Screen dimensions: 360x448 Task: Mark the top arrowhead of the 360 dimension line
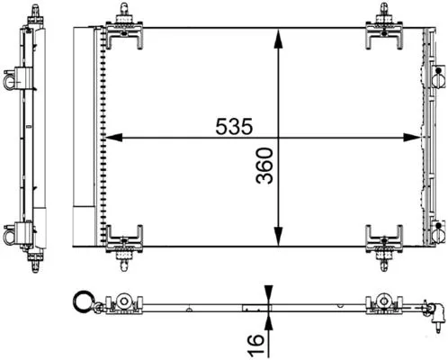pos(282,33)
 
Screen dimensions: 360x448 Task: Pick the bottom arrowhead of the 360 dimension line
pos(282,243)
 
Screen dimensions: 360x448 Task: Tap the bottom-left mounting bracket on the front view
pos(123,243)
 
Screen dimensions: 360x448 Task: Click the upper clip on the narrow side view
pos(13,78)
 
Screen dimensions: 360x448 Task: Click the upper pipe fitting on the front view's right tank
pos(439,81)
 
